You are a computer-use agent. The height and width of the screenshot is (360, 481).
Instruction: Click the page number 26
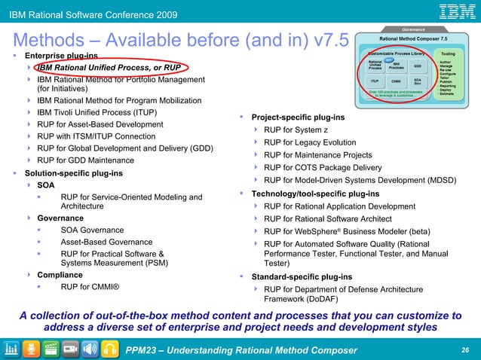coord(464,349)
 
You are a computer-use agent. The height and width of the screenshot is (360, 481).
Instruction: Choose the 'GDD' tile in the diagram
coord(417,66)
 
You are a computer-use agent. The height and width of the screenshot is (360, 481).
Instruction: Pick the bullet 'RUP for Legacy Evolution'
coord(310,142)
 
